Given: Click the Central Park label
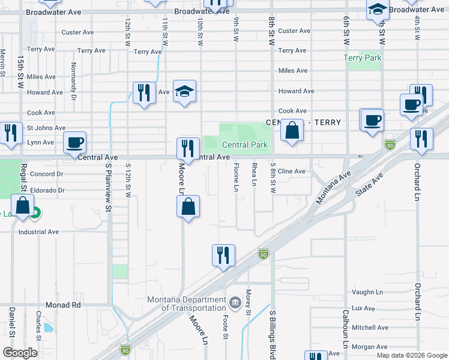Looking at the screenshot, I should tap(244, 145).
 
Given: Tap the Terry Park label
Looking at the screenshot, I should tap(363, 58).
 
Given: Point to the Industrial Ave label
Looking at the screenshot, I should tap(38, 232).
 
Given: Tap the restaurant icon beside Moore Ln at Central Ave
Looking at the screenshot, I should tap(188, 148).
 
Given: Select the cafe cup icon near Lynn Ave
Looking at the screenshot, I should tap(74, 142).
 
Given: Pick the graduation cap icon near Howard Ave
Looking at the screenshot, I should tap(185, 91).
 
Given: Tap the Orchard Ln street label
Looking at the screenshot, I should tap(417, 180).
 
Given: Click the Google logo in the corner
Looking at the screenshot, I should tap(20, 353).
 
